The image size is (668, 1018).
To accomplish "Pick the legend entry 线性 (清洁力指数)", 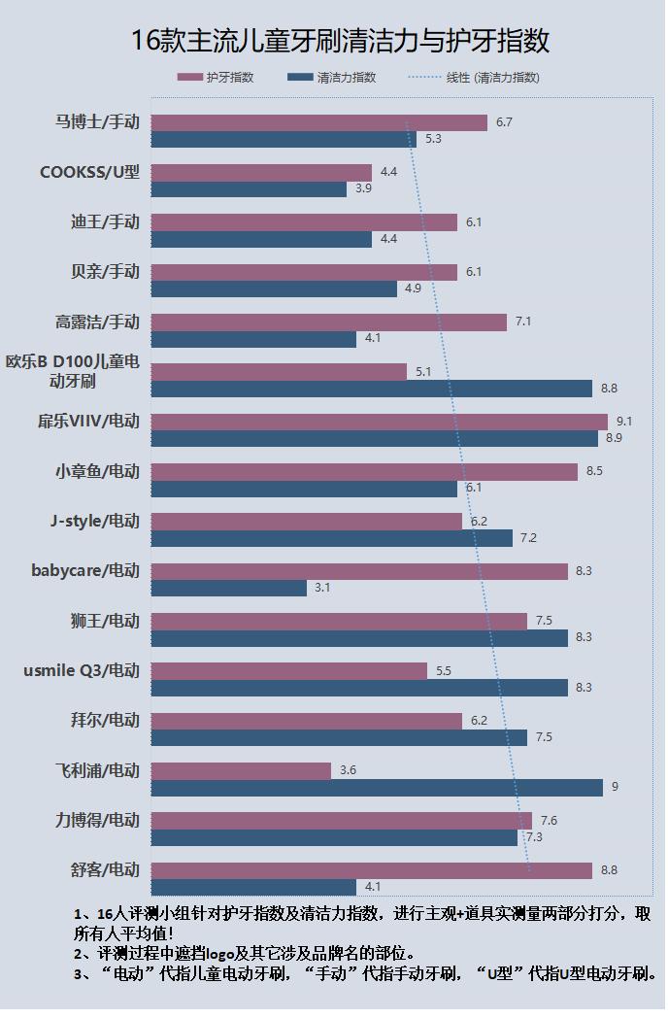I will click(476, 78).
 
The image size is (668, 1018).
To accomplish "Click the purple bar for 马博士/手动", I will click(319, 122).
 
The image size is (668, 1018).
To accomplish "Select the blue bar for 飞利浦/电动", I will click(377, 788).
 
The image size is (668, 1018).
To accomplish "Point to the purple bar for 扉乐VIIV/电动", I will click(380, 422).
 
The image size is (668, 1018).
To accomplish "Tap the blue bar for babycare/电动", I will click(229, 588).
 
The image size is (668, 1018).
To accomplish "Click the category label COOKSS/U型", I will click(89, 172).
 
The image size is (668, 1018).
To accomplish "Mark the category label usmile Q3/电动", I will click(82, 670).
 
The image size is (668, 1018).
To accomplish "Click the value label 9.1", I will click(624, 422).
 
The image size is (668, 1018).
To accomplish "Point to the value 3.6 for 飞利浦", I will click(348, 770).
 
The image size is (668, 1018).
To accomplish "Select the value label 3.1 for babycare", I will click(322, 588).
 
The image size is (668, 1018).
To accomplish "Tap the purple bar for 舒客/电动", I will click(372, 870).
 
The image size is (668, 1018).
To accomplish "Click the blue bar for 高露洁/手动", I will click(254, 339).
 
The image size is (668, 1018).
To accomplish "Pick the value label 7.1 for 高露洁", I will click(523, 322).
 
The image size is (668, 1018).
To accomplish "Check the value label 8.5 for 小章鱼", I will click(594, 471).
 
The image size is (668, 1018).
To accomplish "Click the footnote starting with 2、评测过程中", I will click(245, 954).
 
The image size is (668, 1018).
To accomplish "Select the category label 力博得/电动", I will click(97, 820).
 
